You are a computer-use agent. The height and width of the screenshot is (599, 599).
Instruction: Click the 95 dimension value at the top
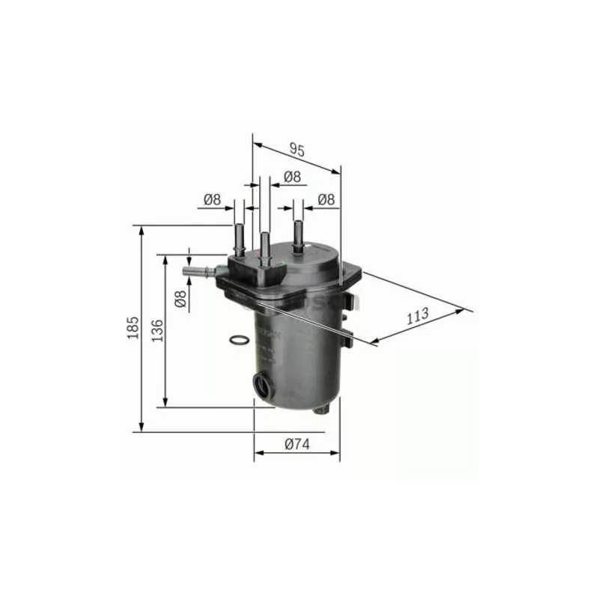pos(297,150)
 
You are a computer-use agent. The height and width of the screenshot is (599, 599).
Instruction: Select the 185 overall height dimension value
pos(133,328)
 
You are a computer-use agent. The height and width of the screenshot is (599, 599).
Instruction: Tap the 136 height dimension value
pos(156,329)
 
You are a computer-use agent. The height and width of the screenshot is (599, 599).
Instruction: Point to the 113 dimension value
pos(418,315)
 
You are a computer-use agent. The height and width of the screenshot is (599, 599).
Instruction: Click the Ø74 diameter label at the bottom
pos(297,444)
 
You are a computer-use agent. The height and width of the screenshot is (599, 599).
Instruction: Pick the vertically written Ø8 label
pos(180,298)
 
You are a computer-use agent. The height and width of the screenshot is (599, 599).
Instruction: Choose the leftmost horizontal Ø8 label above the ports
pos(212,199)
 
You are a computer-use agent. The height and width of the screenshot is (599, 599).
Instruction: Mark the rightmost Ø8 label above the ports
pos(326,199)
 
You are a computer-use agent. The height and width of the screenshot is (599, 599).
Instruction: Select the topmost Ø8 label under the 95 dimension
pos(292,177)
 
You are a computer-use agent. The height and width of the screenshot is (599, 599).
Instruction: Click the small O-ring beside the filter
pos(237,341)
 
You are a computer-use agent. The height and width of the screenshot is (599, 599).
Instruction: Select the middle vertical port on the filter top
pos(264,248)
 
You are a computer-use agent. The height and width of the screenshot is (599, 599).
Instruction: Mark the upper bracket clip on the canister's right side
pos(350,300)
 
